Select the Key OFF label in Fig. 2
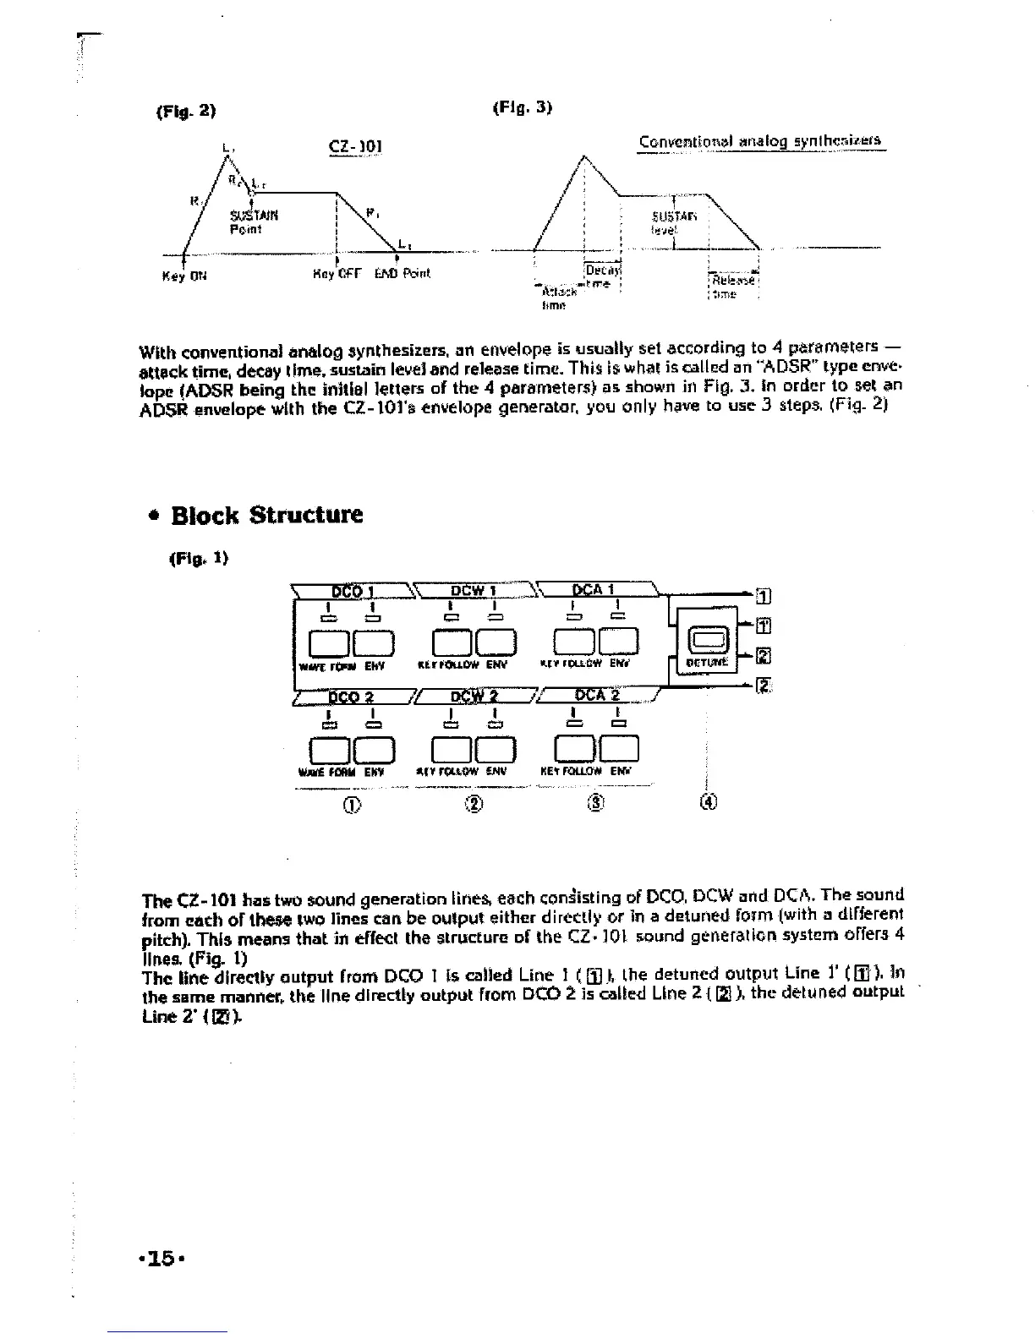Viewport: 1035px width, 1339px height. [337, 273]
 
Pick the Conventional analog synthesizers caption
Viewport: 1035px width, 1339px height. [762, 142]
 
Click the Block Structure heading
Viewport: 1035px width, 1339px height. [266, 515]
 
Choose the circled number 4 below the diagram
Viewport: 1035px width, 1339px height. [709, 802]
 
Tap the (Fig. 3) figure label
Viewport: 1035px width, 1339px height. [521, 108]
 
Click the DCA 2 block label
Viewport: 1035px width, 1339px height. [597, 696]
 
